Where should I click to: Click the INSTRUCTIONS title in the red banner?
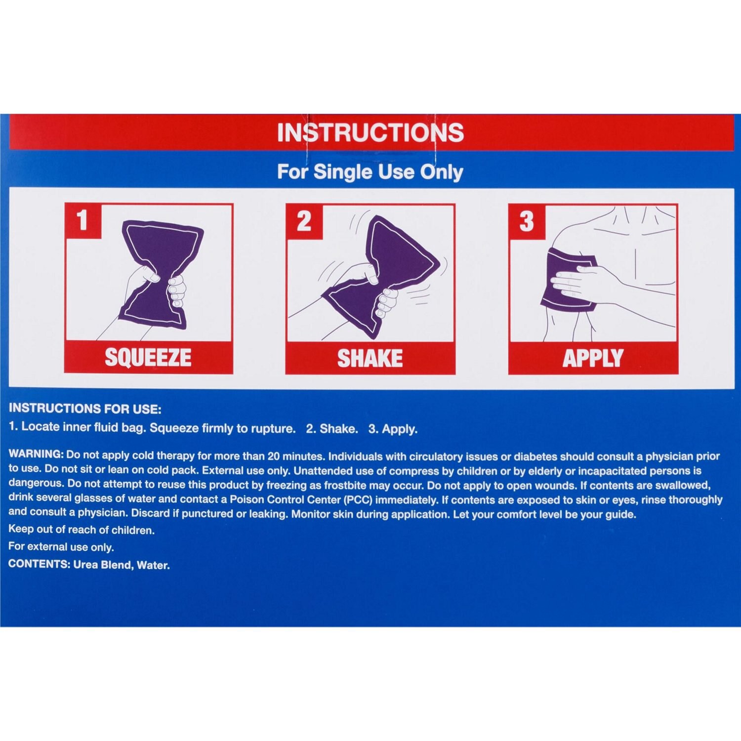pyautogui.click(x=370, y=132)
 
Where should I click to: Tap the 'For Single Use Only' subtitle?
pyautogui.click(x=370, y=172)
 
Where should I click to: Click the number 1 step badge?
pyautogui.click(x=82, y=220)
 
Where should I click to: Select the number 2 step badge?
pyautogui.click(x=304, y=221)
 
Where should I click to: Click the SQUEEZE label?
pyautogui.click(x=148, y=358)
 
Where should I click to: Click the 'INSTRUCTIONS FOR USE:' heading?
pyautogui.click(x=85, y=409)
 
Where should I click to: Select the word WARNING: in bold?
pyautogui.click(x=36, y=454)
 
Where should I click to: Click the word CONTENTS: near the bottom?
pyautogui.click(x=40, y=564)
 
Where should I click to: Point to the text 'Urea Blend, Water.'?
pyautogui.click(x=122, y=565)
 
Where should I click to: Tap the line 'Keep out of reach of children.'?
pyautogui.click(x=82, y=530)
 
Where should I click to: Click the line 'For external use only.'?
pyautogui.click(x=61, y=547)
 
